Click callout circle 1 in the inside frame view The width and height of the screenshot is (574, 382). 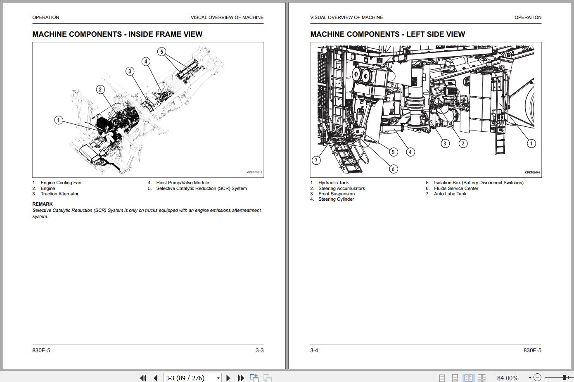click(59, 120)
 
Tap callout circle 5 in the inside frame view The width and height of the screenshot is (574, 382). click(162, 52)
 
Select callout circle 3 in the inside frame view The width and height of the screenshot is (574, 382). click(130, 71)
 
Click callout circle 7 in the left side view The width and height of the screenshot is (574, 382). click(316, 160)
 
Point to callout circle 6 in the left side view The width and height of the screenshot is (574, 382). click(394, 169)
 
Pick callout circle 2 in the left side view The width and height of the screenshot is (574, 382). click(463, 143)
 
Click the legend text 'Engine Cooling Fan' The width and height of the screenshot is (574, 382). click(61, 183)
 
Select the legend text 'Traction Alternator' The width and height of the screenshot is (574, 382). click(59, 194)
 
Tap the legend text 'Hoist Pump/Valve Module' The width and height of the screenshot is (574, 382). click(183, 183)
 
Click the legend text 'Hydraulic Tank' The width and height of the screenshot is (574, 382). click(333, 183)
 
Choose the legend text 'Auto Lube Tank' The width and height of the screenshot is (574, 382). click(450, 194)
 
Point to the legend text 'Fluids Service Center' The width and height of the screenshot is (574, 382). click(456, 188)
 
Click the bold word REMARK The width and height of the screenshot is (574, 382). click(42, 204)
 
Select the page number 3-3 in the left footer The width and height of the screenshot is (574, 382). click(259, 351)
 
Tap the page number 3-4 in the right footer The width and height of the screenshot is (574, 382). click(314, 351)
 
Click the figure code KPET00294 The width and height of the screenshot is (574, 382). click(532, 173)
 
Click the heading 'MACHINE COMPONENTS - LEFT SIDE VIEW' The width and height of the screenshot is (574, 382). click(387, 34)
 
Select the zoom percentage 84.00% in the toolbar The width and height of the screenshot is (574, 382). click(508, 378)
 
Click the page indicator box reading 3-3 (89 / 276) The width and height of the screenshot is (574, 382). click(192, 378)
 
